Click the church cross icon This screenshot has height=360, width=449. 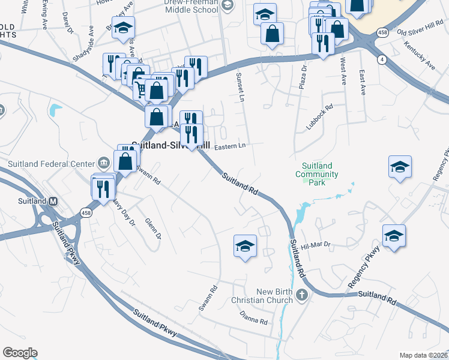[302, 295]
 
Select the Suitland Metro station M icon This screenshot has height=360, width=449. [53, 201]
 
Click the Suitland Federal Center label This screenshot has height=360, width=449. [52, 164]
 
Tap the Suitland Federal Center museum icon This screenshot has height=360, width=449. [103, 163]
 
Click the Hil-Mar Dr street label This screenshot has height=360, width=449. [316, 245]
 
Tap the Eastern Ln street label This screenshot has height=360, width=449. [231, 146]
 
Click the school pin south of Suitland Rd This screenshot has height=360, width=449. [245, 246]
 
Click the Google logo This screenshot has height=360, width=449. [20, 353]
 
